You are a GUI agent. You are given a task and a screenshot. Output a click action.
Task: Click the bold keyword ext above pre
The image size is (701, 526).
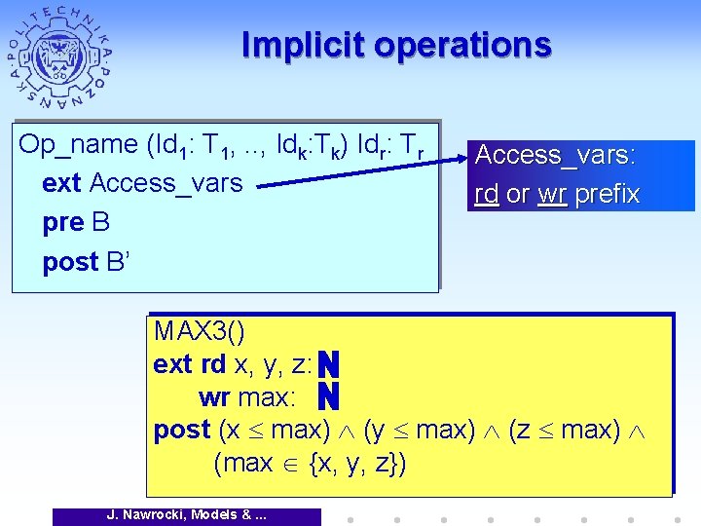(x=62, y=183)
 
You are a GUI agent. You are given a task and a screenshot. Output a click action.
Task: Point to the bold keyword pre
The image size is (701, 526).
(x=63, y=222)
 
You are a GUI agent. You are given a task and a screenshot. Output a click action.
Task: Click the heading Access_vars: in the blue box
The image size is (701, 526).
(x=555, y=156)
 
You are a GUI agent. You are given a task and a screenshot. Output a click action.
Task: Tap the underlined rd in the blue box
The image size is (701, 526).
(x=487, y=194)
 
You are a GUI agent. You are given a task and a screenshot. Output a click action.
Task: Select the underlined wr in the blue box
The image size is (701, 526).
(x=552, y=194)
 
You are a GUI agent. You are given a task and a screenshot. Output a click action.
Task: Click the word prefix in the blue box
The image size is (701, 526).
(x=607, y=194)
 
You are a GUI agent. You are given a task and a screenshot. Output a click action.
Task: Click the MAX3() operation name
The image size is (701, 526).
(x=199, y=332)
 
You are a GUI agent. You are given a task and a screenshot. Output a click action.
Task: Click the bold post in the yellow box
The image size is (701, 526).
(x=182, y=430)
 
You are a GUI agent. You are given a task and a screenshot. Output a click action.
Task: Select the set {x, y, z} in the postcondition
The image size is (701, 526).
(x=355, y=463)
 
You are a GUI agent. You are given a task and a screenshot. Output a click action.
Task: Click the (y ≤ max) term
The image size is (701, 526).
(x=418, y=430)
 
